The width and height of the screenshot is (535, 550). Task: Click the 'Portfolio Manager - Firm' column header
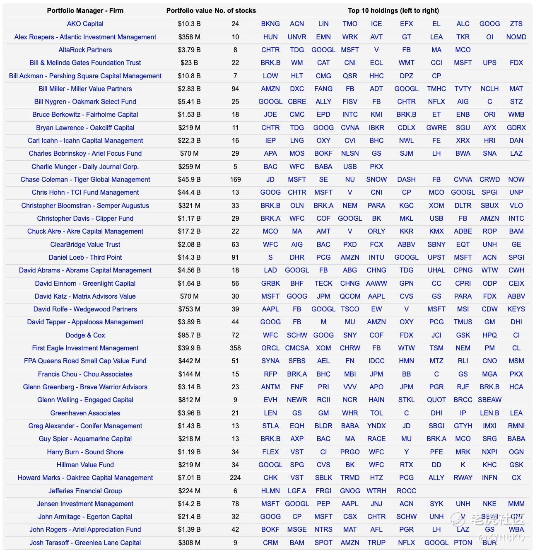85,11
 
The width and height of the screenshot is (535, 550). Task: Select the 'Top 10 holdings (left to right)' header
393,11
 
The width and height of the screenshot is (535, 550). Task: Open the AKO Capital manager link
85,24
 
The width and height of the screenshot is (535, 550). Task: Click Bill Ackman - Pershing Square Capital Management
85,76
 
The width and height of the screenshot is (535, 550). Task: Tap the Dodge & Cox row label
85,335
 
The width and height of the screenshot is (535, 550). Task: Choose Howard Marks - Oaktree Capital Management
85,478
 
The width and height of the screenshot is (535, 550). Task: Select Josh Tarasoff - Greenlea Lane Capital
85,543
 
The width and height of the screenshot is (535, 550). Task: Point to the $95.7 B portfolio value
189,335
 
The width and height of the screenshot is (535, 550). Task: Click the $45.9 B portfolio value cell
189,179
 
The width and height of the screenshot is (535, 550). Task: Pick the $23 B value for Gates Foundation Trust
189,63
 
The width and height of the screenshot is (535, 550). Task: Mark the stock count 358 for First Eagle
235,348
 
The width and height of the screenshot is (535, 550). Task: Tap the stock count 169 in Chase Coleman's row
235,179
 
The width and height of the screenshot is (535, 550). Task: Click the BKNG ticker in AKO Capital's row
270,24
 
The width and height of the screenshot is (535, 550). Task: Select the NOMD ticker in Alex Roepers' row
516,37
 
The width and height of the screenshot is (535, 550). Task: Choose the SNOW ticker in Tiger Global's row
376,179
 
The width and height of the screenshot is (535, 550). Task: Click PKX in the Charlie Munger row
376,166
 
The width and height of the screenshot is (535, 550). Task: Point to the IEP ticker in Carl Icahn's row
270,140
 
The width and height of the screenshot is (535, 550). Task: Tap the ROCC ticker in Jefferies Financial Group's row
406,491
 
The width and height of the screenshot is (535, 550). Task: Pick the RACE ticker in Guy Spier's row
376,439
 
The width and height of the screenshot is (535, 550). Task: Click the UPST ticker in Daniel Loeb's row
436,257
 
